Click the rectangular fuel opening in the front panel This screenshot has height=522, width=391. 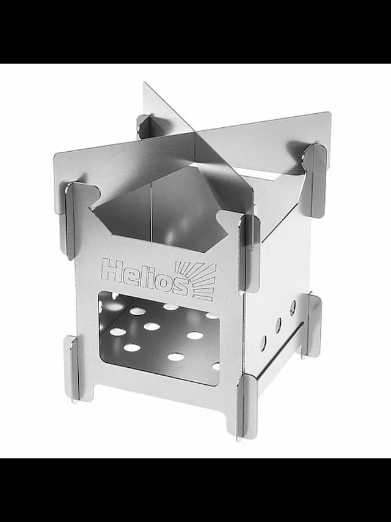[159, 338]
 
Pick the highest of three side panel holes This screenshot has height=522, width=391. [292, 308]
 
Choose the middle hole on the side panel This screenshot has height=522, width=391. [278, 325]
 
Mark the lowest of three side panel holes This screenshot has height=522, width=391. [263, 343]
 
